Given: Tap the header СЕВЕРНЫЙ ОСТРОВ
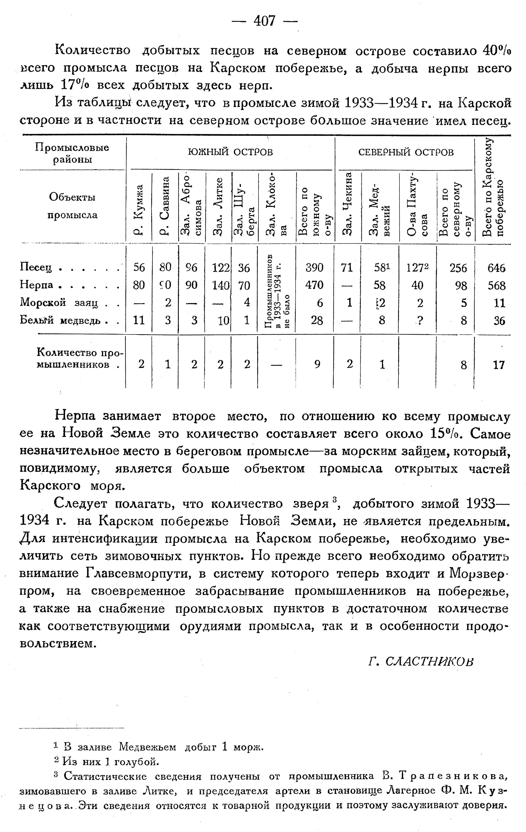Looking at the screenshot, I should click(406, 152).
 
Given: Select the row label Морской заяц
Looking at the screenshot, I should click(59, 303).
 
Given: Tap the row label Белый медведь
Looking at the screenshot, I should click(62, 320).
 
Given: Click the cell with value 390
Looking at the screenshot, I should click(315, 267).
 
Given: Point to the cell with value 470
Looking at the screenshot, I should click(315, 285).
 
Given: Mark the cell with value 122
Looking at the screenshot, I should click(221, 267).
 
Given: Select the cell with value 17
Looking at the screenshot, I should click(499, 365).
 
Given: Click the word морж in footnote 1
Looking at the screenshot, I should click(248, 747).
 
